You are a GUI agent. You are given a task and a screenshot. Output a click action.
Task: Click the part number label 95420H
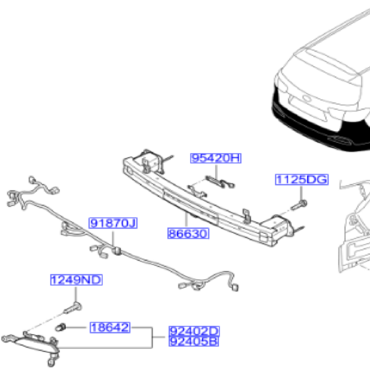215,158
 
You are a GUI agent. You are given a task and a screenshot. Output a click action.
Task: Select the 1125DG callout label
302,180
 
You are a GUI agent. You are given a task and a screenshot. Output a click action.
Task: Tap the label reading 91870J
112,223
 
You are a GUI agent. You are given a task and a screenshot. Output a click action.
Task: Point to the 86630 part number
188,234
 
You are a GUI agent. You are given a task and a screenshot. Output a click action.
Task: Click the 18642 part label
109,327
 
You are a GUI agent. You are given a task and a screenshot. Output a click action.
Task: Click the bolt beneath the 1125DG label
300,205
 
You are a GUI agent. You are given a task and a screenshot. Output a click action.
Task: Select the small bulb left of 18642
61,327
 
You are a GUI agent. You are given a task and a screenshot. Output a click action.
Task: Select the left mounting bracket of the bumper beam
151,162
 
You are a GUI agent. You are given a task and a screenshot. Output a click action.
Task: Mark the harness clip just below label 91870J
117,250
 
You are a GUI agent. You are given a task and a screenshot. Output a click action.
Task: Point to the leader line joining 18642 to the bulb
79,327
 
